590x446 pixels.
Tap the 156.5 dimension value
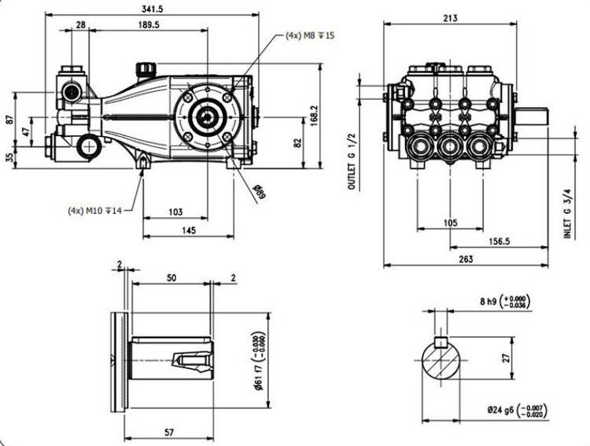point(498,240)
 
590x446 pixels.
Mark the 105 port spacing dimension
point(450,223)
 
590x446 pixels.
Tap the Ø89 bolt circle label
point(258,189)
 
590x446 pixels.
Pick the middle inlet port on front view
point(449,146)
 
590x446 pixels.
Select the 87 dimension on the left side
point(9,120)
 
